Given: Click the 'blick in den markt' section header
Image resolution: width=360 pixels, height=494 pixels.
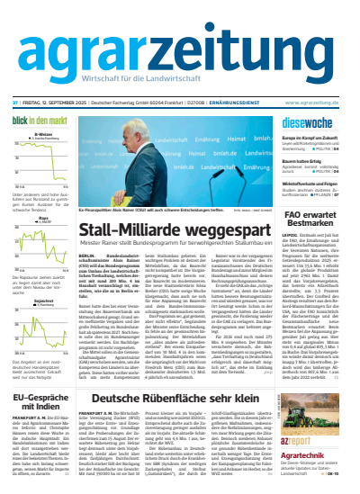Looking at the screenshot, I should (40, 120).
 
